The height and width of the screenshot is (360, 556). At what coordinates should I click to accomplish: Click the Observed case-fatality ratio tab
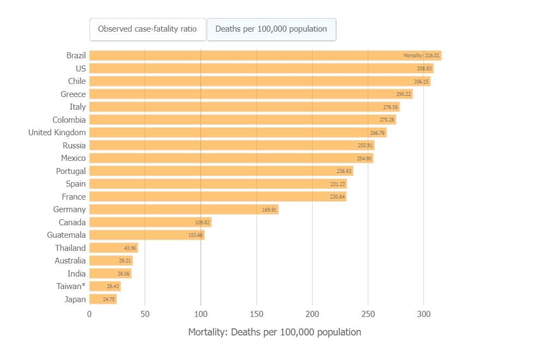point(147,29)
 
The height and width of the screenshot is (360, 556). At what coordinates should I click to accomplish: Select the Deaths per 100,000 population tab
point(271,29)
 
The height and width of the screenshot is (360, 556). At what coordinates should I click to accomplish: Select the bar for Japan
point(103,299)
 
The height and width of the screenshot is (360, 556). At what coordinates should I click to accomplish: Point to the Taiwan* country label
point(71,286)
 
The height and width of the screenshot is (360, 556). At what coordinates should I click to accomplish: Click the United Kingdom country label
point(57,133)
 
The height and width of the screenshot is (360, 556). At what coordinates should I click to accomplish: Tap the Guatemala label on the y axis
point(66,235)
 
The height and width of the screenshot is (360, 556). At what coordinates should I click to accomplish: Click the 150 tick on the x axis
point(256,314)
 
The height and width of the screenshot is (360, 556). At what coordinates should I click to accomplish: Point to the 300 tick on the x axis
point(423,314)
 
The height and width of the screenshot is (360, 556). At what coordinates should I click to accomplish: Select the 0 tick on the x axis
point(89,314)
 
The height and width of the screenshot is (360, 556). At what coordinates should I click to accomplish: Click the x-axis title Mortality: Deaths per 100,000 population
point(274,332)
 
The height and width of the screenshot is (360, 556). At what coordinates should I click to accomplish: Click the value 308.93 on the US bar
point(424,69)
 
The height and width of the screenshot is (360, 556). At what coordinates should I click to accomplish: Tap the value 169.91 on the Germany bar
point(270,209)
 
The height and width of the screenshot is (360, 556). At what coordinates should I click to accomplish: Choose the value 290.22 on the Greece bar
point(403,94)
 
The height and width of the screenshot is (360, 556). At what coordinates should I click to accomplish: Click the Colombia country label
point(69,119)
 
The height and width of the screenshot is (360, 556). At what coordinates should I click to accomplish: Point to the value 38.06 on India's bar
point(124,274)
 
